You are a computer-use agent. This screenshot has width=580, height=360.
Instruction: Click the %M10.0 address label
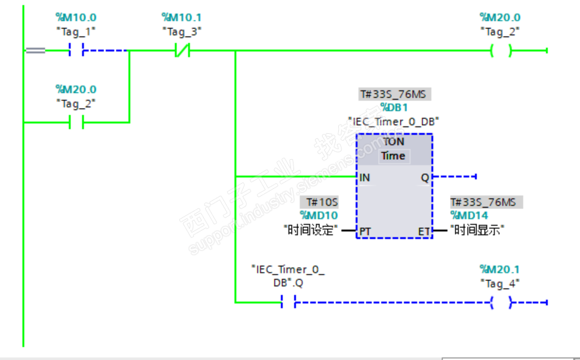(76, 18)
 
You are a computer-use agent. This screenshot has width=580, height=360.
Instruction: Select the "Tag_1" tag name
(76, 31)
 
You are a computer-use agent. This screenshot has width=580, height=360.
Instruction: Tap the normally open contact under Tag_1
(76, 51)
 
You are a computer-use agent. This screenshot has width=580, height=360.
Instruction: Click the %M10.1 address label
(182, 18)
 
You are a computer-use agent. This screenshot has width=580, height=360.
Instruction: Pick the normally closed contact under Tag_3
(182, 51)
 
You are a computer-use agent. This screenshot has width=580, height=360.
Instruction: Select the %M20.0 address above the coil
(500, 18)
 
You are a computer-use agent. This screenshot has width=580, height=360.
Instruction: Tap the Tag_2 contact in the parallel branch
(76, 123)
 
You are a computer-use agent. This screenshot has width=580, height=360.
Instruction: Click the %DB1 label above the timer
(395, 107)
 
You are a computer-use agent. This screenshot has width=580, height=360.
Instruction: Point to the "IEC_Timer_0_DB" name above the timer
(394, 121)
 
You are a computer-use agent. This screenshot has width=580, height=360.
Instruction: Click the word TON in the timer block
(394, 141)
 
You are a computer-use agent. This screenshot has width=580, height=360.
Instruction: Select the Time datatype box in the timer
(393, 156)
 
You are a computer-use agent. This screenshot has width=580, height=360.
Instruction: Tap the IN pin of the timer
(365, 177)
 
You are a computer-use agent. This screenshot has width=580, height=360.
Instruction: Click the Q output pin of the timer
(425, 177)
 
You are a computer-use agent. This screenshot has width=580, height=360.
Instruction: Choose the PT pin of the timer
(365, 231)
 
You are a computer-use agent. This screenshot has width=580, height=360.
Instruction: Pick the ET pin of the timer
(424, 231)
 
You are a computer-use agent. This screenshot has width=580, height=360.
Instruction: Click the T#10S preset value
(322, 203)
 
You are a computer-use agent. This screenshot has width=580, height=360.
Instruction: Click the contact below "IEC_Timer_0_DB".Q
(288, 303)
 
